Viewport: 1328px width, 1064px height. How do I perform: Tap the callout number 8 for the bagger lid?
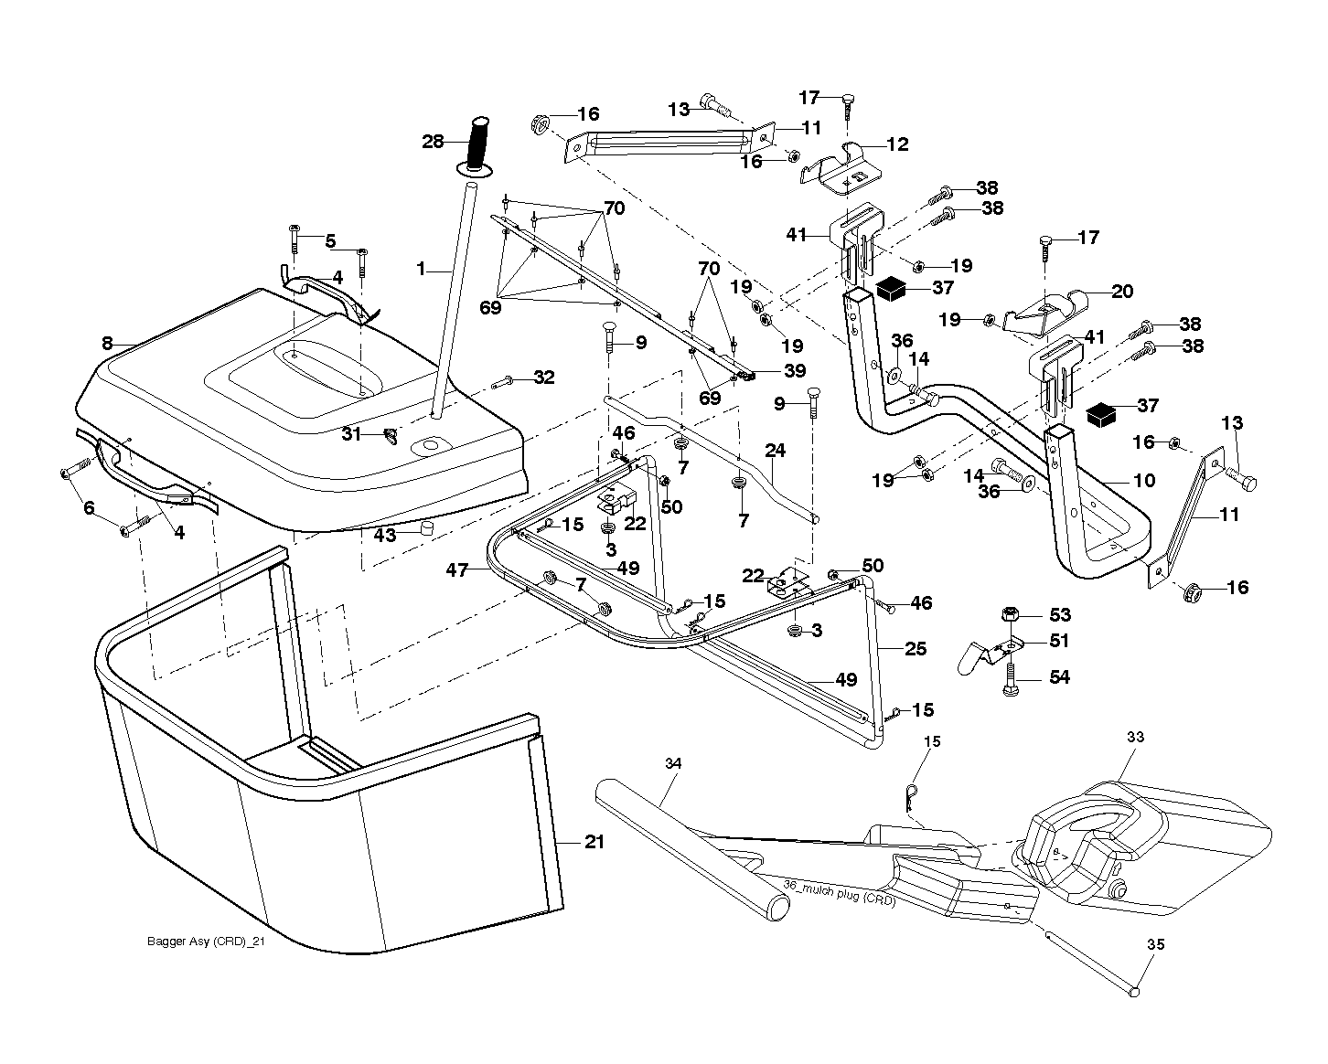click(x=107, y=343)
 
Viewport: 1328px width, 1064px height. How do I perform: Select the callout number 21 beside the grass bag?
click(x=594, y=841)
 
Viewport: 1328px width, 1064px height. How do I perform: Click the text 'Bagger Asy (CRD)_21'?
click(x=206, y=942)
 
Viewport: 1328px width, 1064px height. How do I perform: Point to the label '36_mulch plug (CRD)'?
click(x=839, y=892)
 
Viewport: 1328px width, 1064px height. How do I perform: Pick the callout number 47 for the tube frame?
click(x=457, y=569)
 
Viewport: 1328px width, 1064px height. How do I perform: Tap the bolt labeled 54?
click(x=1011, y=678)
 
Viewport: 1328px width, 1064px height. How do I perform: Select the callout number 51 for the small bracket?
click(x=1059, y=640)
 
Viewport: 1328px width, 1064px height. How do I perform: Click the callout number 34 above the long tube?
click(x=672, y=763)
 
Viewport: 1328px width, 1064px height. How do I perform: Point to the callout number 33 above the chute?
click(x=1135, y=737)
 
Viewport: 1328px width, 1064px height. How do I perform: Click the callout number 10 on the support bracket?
click(x=1144, y=480)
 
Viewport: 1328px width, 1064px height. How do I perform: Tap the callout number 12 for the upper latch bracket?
click(x=897, y=144)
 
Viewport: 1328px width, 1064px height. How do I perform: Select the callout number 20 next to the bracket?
click(x=1122, y=291)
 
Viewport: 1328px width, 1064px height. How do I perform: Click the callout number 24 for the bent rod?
click(x=775, y=451)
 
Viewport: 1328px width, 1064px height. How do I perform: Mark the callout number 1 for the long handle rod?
click(x=421, y=269)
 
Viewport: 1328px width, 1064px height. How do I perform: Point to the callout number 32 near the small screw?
click(x=543, y=377)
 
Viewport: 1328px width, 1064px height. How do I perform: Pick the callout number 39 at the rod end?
click(x=794, y=370)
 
